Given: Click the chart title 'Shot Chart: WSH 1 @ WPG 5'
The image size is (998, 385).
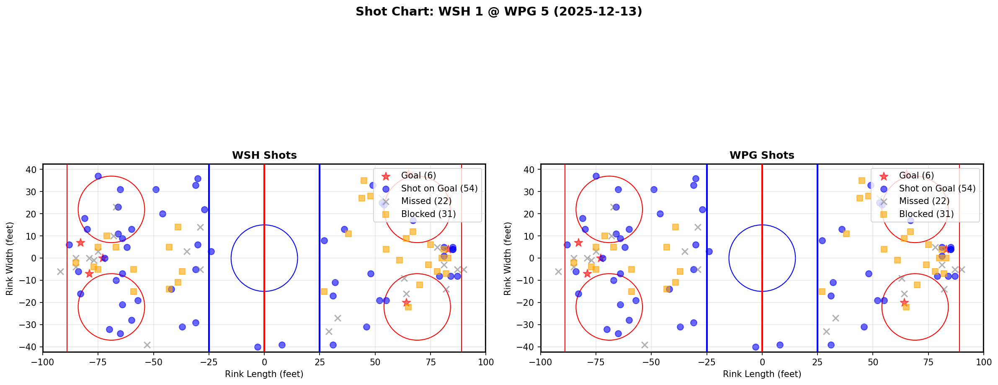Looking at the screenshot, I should (498, 11).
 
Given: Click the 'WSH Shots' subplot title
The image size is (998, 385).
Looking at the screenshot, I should (264, 155).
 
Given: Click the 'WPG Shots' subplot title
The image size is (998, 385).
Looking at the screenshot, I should (762, 155).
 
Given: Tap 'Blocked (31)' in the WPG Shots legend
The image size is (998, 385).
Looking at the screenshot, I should (926, 214).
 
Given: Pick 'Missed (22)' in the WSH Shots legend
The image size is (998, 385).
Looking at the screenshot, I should (426, 201).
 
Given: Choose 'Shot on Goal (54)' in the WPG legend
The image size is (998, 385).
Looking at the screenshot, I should (937, 189).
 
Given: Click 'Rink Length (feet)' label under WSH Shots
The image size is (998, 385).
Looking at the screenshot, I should (264, 374).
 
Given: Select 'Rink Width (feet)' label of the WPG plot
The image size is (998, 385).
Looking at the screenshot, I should (508, 258).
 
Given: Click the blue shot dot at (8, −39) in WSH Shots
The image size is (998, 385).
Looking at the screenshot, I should (282, 345).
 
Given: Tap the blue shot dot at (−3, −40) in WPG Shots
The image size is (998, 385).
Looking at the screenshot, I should (756, 347).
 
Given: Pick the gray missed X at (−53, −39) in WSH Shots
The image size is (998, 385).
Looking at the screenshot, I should (147, 345).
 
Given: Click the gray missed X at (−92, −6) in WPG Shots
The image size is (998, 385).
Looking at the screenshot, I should (558, 271).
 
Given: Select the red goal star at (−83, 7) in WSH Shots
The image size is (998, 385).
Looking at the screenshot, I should (80, 243).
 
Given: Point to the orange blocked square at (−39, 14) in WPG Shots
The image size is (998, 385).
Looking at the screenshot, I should (676, 227).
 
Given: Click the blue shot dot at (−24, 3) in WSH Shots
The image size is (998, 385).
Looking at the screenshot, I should (211, 251).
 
